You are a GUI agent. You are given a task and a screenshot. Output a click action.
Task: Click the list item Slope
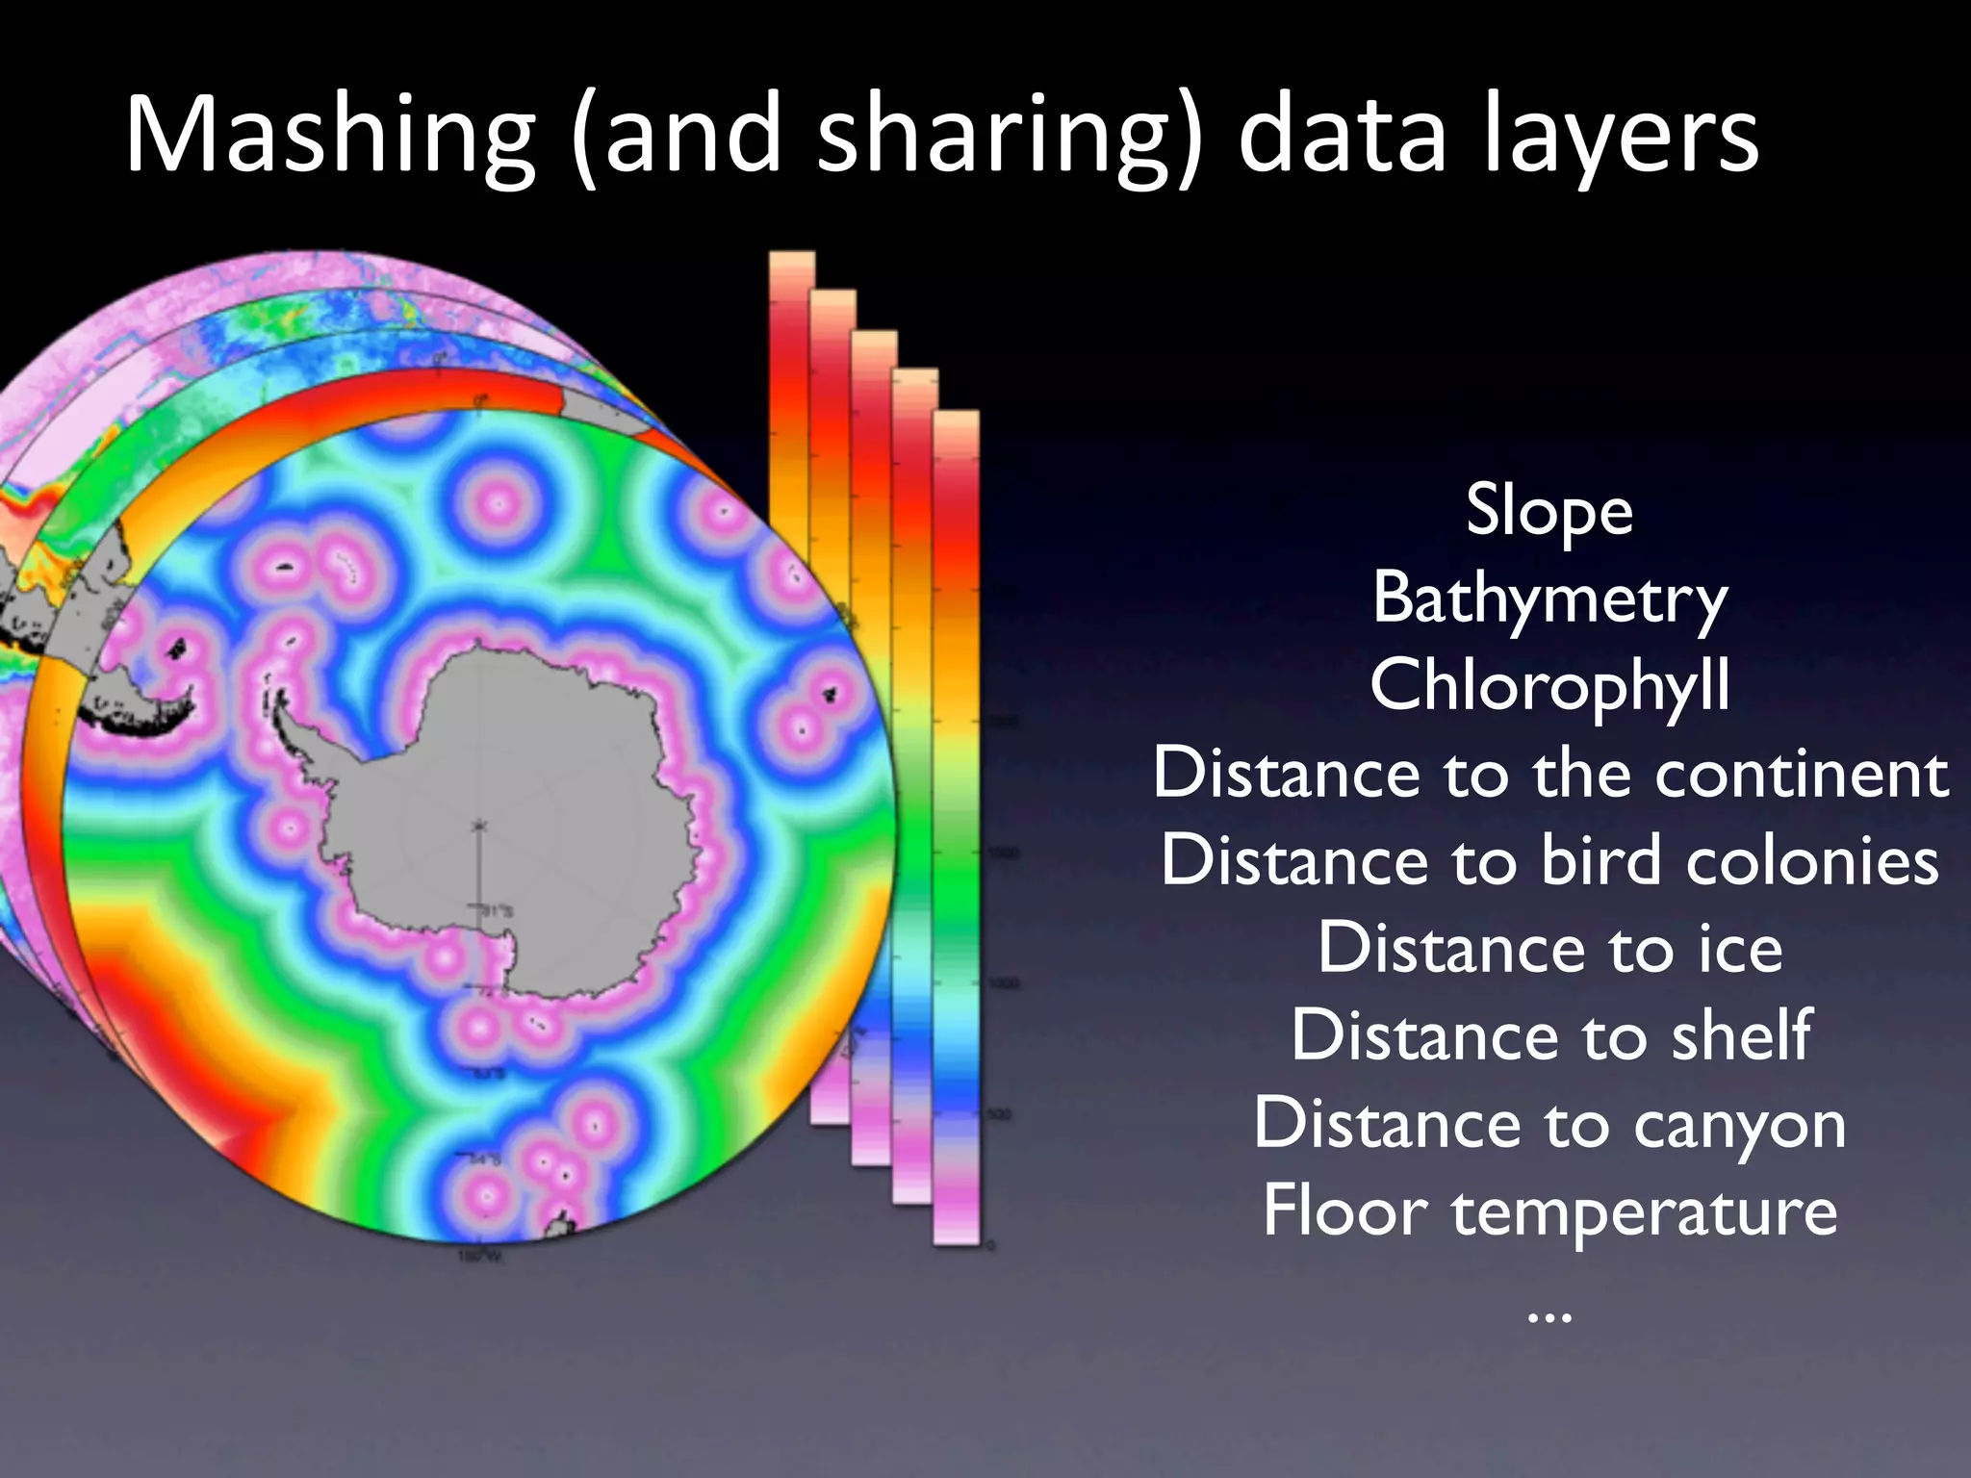click(x=1549, y=510)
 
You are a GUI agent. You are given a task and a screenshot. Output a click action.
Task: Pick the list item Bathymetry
click(x=1549, y=598)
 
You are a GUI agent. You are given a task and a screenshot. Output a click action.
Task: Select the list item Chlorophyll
click(x=1549, y=685)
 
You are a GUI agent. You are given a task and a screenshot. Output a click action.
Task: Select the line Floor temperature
click(x=1549, y=1210)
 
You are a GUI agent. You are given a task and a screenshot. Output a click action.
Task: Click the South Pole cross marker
click(x=478, y=826)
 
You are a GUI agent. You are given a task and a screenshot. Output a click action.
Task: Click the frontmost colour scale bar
click(x=957, y=828)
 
